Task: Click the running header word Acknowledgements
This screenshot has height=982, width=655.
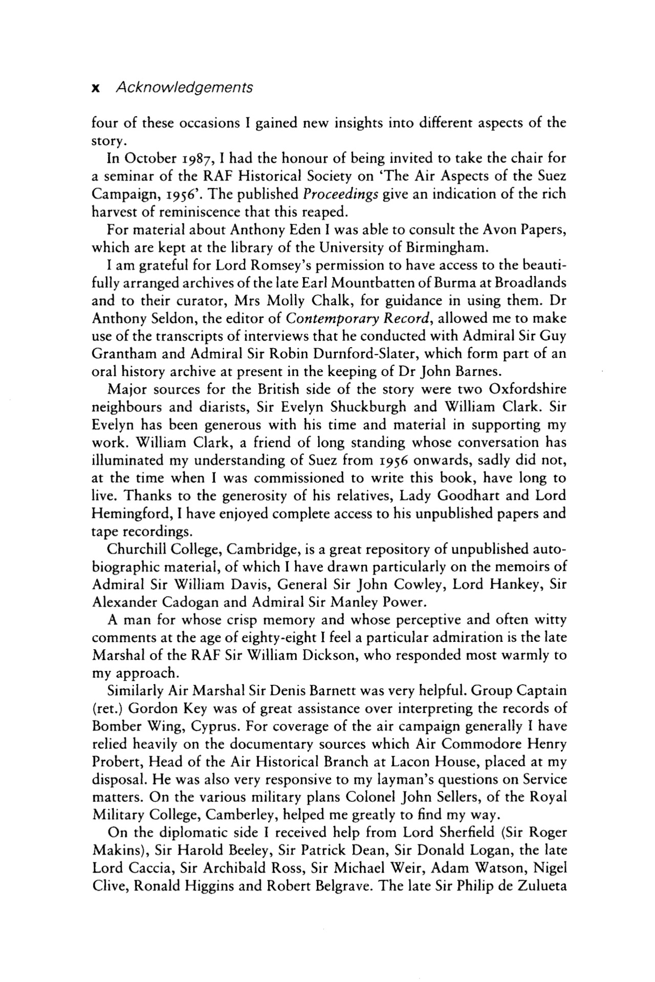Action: coord(184,87)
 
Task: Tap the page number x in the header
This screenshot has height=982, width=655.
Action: coord(95,88)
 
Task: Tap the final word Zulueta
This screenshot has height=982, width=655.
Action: coord(539,885)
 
